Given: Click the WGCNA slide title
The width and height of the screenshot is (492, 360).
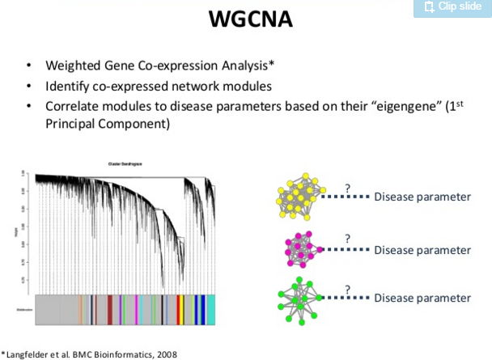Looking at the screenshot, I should point(246,17).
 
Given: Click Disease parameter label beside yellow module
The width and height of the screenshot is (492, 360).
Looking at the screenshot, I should point(422,197).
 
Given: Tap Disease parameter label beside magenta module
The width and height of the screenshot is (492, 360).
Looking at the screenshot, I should point(422,250).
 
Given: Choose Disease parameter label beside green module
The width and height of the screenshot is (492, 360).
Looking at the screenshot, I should point(422,298).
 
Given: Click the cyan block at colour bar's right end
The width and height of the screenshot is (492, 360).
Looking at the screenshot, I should point(210,309).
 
